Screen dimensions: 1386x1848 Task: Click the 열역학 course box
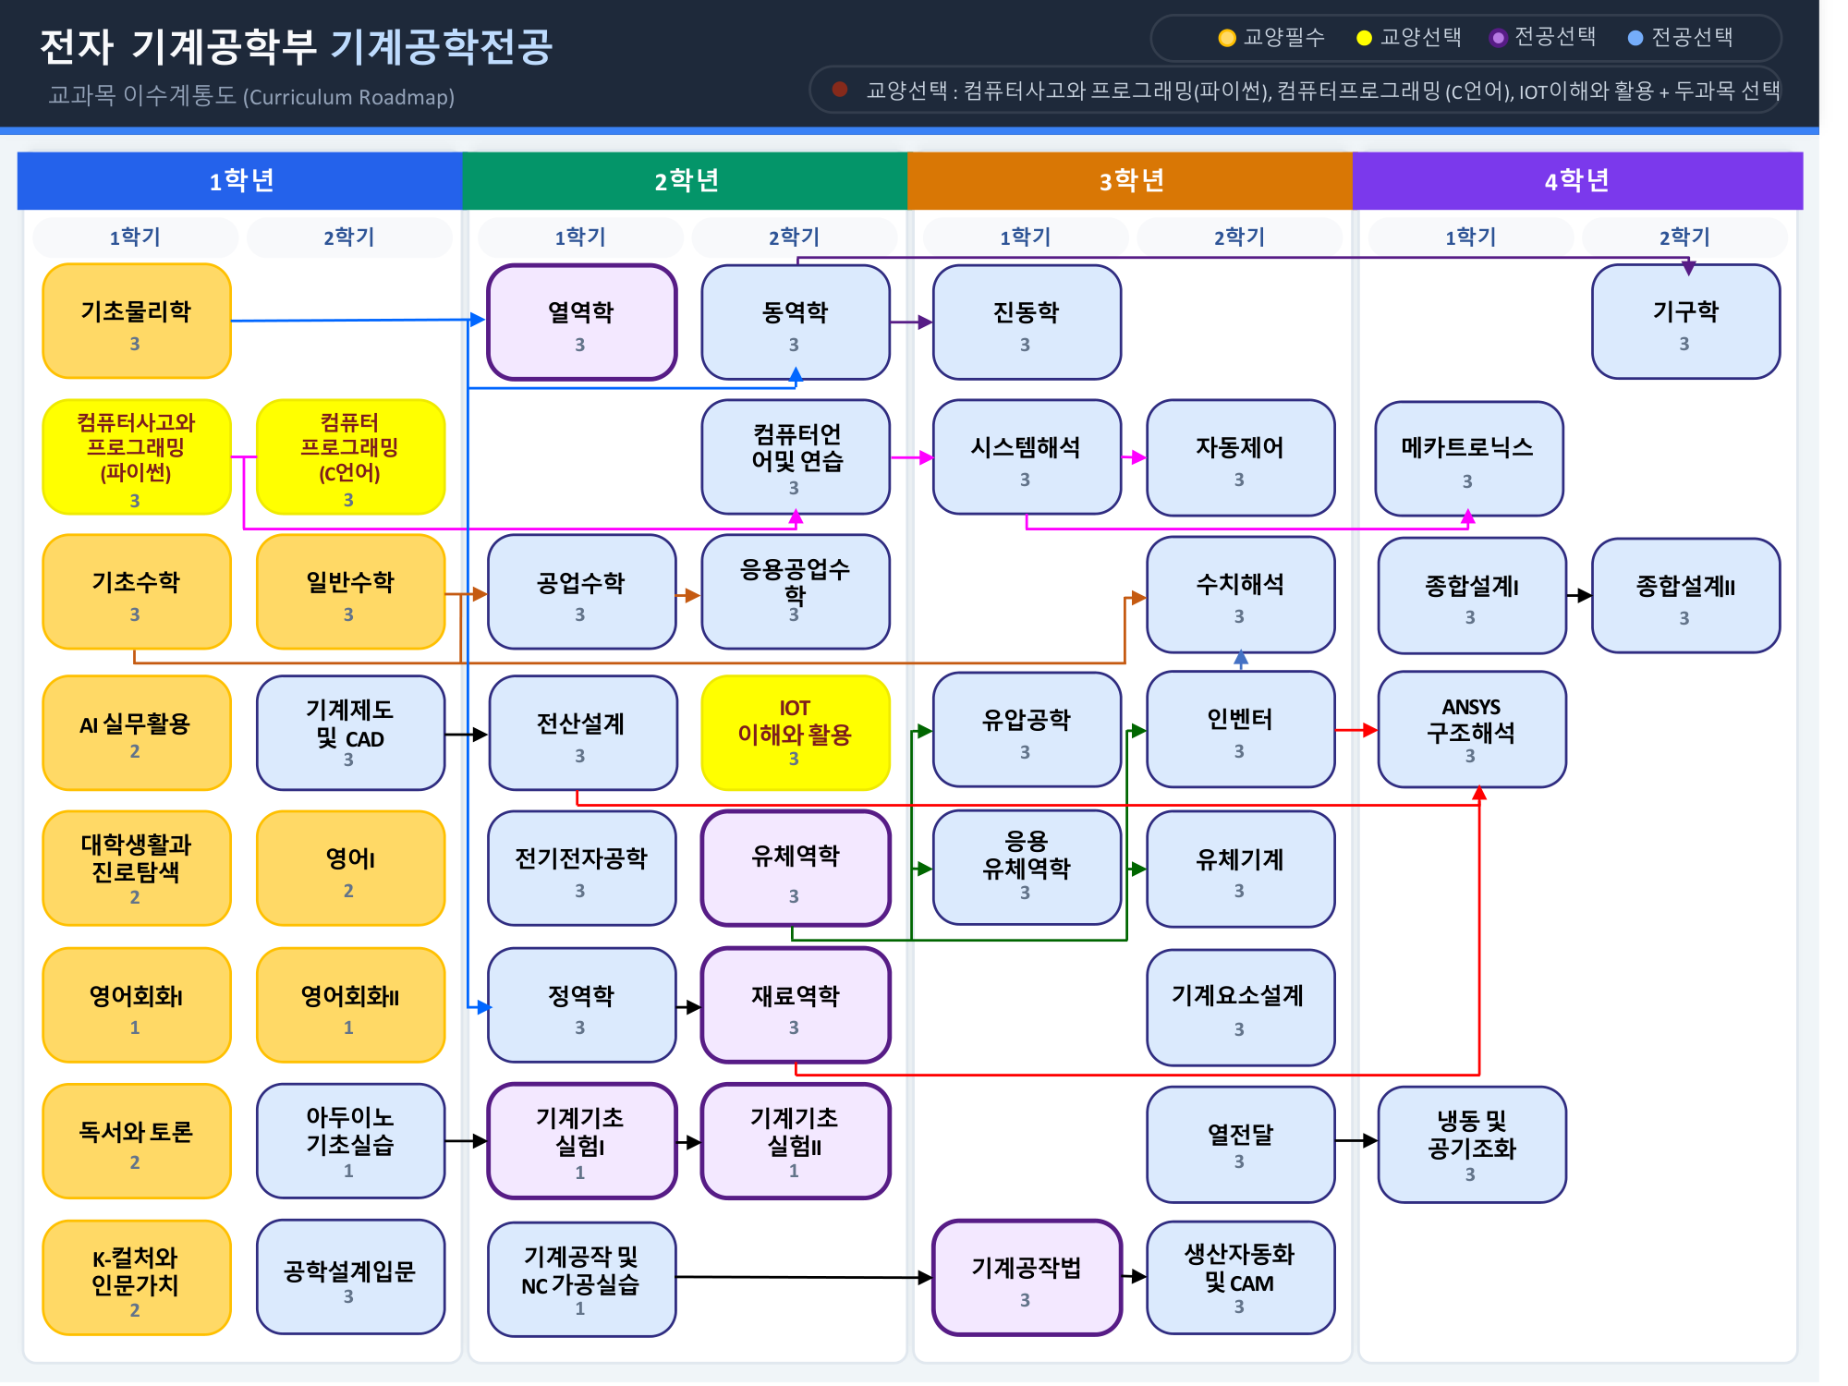coord(581,322)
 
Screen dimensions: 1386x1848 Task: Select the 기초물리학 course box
coord(136,321)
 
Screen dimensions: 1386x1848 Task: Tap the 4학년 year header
coord(1576,180)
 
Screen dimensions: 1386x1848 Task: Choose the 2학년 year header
coord(685,180)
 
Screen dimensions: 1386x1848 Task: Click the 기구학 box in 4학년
coord(1684,322)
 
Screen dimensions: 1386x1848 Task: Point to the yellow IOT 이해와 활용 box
coord(795,732)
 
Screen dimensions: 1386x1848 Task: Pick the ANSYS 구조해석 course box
coord(1471,729)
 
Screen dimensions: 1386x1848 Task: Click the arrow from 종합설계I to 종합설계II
coord(1578,596)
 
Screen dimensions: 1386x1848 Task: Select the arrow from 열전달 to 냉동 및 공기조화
coord(1356,1141)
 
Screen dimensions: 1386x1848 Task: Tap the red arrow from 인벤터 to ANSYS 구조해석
coord(1356,730)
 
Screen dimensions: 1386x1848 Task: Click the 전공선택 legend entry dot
coord(1635,38)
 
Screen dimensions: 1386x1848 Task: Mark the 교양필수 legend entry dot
coord(1227,38)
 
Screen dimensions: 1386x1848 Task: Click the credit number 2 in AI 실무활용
coord(135,751)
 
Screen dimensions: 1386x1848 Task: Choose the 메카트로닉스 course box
coord(1468,458)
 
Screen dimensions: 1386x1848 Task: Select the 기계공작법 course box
coord(1026,1277)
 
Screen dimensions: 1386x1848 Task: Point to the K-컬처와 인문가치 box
coord(136,1277)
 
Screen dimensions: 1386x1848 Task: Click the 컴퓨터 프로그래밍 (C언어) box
coord(350,456)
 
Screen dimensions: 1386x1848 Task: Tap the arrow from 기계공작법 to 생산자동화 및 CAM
coord(1134,1277)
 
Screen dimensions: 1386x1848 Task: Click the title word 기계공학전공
coord(442,46)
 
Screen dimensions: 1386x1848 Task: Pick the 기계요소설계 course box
coord(1239,1006)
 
